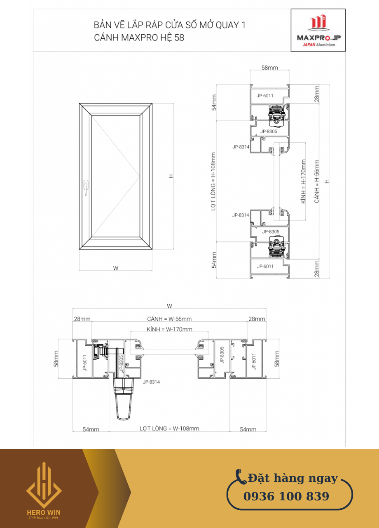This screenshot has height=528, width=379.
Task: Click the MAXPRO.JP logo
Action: click(x=318, y=30)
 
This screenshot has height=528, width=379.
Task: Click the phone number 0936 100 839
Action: click(x=286, y=496)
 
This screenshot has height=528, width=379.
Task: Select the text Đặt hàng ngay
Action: click(x=293, y=478)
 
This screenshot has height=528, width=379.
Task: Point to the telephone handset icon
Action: click(x=241, y=476)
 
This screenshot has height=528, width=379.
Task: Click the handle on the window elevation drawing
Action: click(x=86, y=188)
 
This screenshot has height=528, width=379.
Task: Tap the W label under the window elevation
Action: click(x=116, y=268)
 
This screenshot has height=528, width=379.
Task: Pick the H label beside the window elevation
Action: click(x=171, y=176)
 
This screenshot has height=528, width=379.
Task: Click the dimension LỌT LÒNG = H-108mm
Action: click(x=213, y=181)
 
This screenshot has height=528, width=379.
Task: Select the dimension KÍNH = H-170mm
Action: click(x=303, y=181)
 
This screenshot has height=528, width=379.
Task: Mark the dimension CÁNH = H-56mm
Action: click(x=317, y=181)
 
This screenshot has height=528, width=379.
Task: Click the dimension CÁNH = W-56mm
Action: click(x=169, y=319)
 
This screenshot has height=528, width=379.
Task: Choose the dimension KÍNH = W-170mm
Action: click(x=169, y=329)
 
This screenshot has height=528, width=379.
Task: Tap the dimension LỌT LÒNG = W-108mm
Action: click(x=169, y=428)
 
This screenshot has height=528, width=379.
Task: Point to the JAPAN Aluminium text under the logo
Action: click(x=319, y=45)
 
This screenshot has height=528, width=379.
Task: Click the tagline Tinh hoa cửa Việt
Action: click(x=43, y=517)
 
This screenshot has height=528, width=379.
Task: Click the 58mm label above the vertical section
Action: click(x=269, y=68)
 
